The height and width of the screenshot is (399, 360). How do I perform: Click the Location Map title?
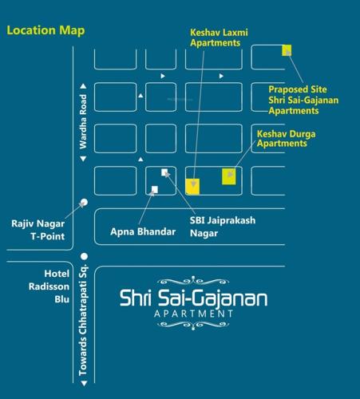pyautogui.click(x=45, y=31)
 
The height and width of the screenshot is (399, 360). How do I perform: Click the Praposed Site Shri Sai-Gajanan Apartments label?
pyautogui.click(x=304, y=101)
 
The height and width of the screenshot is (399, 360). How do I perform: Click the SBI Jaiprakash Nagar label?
pyautogui.click(x=226, y=226)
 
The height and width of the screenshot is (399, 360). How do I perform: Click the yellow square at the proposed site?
pyautogui.click(x=287, y=51)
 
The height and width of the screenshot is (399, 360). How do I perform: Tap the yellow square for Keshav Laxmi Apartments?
pyautogui.click(x=192, y=187)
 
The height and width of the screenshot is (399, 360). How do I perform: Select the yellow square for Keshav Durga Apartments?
pyautogui.click(x=230, y=176)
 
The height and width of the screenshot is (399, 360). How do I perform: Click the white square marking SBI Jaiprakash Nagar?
pyautogui.click(x=164, y=172)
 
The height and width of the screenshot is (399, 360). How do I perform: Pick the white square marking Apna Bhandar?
pyautogui.click(x=154, y=189)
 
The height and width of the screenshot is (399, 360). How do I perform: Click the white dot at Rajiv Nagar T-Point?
pyautogui.click(x=83, y=202)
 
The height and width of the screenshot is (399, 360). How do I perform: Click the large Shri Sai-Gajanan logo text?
pyautogui.click(x=193, y=299)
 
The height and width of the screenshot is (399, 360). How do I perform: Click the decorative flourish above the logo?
pyautogui.click(x=193, y=281)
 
